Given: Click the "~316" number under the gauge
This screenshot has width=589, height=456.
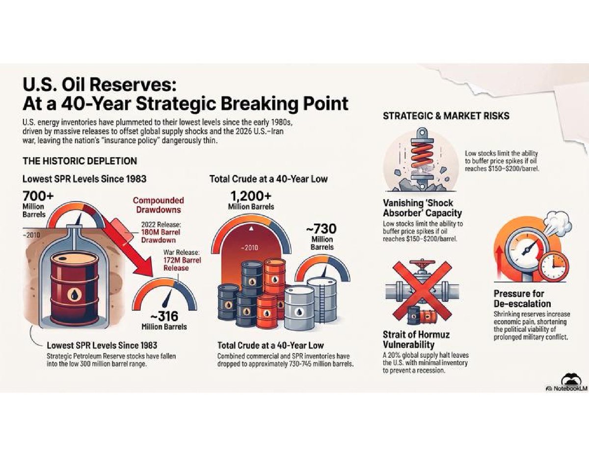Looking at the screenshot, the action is (x=164, y=316).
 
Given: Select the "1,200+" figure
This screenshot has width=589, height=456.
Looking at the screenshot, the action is (x=251, y=196).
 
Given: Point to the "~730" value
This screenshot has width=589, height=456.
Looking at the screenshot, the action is (x=321, y=228).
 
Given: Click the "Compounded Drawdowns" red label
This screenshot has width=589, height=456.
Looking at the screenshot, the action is (x=159, y=205).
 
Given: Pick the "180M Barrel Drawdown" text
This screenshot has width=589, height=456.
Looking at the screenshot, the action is (x=161, y=236).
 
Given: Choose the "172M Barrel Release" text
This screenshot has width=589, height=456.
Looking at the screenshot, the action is (x=182, y=264).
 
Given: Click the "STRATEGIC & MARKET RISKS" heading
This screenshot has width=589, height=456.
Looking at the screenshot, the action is (x=446, y=116).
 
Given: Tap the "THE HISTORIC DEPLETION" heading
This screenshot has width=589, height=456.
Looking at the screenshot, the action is (x=80, y=161).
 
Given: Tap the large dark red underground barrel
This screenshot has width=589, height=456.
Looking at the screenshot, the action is (x=75, y=288).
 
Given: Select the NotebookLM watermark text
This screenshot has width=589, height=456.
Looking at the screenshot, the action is (x=568, y=388).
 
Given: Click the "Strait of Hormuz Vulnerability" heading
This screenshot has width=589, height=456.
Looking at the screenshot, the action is (x=416, y=340).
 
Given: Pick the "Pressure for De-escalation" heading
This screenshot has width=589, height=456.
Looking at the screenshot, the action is (x=522, y=298).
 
